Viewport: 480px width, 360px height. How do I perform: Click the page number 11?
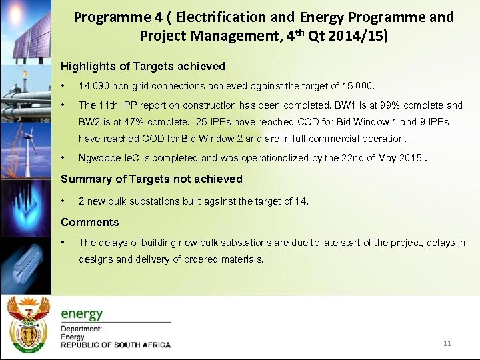pos(447,343)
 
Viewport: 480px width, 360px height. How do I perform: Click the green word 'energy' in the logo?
pos(82,313)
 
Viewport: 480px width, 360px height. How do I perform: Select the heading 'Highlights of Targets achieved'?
pos(143,67)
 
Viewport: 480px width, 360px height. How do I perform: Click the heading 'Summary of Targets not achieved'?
pos(151,179)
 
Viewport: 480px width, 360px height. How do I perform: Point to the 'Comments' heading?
pos(90,223)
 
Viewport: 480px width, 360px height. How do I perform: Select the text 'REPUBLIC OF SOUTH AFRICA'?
pos(116,345)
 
